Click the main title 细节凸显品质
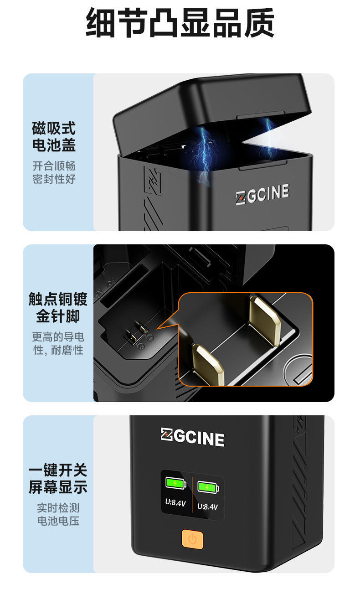coord(180,23)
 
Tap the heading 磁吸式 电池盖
coord(54,136)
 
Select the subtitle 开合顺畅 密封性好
coord(54,172)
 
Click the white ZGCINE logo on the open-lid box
coord(262,194)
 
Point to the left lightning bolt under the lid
coord(204,152)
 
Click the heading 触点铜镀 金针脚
coord(58,307)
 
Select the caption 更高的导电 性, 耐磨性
coord(58,343)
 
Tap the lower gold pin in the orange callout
coord(208,365)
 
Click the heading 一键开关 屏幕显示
coord(58,478)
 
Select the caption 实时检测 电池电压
coord(58,514)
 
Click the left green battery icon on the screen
coord(176,483)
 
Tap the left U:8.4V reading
coord(175,503)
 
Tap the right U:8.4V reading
coord(208,507)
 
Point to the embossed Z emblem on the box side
coord(153,180)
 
